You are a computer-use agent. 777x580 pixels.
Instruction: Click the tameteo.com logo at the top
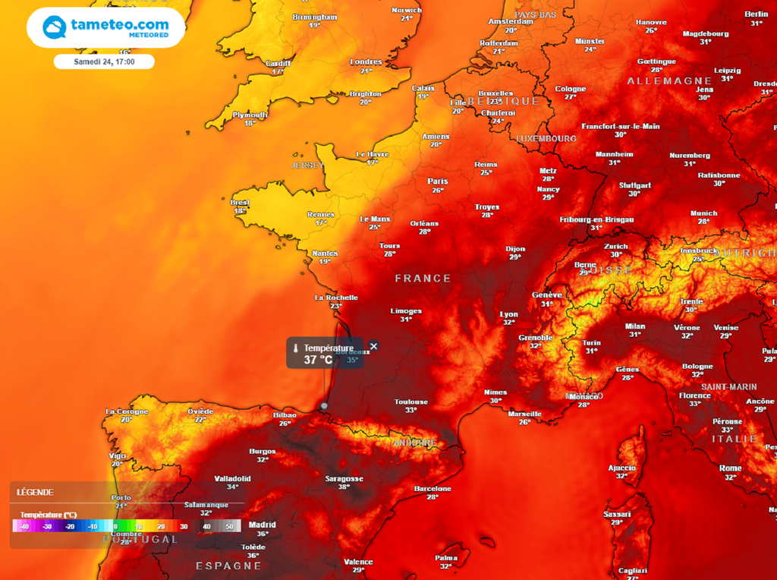click(106, 27)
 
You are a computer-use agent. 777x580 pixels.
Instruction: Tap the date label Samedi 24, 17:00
click(104, 61)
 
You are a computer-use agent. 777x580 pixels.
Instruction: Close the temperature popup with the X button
click(373, 346)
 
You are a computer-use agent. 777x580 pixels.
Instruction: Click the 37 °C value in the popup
click(319, 360)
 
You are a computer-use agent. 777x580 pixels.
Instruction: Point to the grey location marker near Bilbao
click(324, 406)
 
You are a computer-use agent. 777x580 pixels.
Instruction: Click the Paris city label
click(438, 181)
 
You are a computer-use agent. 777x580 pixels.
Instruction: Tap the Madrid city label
click(263, 525)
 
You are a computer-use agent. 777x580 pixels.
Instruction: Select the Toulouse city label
click(411, 402)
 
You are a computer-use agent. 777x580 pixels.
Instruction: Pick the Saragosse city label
click(344, 479)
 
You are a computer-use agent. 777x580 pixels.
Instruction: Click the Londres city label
click(366, 62)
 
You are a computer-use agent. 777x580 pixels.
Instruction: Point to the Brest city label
click(240, 203)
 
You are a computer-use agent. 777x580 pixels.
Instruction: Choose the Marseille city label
click(524, 414)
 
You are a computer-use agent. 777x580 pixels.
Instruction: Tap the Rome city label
click(730, 468)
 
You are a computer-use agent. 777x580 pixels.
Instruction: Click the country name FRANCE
click(423, 279)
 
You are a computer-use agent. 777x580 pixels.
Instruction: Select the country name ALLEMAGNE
click(669, 80)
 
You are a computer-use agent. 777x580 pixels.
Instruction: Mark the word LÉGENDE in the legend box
click(36, 492)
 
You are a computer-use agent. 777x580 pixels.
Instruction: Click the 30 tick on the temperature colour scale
click(184, 526)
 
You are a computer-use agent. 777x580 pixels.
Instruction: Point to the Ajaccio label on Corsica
click(622, 468)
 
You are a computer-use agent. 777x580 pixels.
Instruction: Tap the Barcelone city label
click(433, 489)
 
